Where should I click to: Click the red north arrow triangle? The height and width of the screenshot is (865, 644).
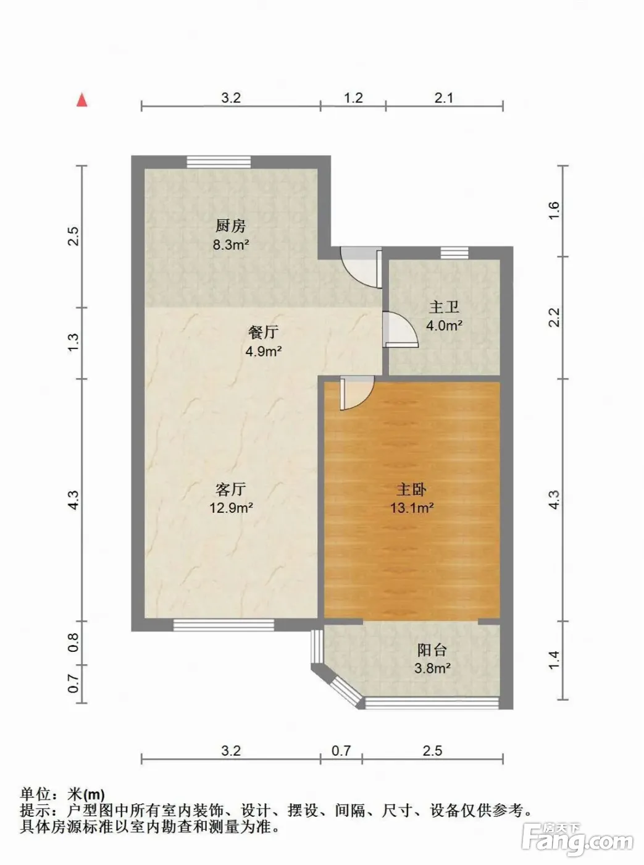[82, 100]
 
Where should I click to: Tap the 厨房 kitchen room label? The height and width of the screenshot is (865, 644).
[231, 226]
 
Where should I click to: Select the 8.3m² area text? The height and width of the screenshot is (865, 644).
[231, 245]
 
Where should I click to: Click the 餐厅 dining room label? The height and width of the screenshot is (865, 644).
[264, 332]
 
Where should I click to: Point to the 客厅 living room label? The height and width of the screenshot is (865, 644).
[231, 489]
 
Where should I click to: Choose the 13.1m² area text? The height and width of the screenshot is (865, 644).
[412, 508]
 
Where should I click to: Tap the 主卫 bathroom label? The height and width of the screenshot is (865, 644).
[444, 307]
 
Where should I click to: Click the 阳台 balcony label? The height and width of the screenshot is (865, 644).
[432, 649]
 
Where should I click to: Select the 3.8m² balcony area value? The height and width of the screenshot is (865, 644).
[432, 669]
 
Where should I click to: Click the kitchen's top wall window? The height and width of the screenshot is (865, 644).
[219, 162]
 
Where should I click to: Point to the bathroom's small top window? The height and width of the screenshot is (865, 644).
[454, 253]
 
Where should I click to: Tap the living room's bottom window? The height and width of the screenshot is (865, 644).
[224, 625]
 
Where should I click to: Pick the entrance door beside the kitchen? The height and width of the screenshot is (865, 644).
[361, 268]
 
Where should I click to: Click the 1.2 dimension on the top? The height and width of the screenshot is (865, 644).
[353, 98]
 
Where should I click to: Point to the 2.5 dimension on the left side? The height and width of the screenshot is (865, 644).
[73, 236]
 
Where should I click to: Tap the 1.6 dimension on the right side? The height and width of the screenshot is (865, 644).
[554, 211]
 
